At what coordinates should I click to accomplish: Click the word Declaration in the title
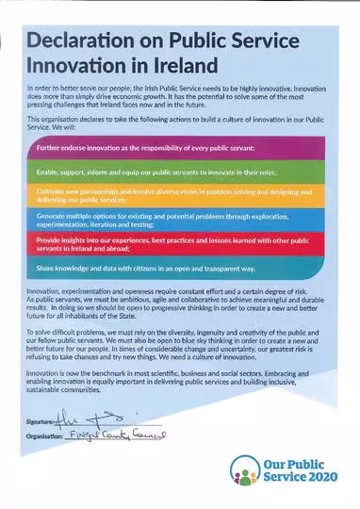tap(87, 40)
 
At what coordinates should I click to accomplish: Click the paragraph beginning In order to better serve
tap(170, 99)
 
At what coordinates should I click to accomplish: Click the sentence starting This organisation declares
tap(170, 125)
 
